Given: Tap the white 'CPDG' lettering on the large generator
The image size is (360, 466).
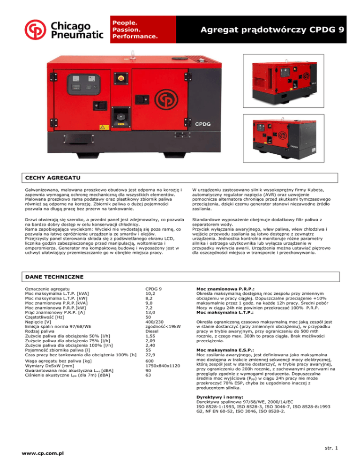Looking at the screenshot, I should coord(205,125).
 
